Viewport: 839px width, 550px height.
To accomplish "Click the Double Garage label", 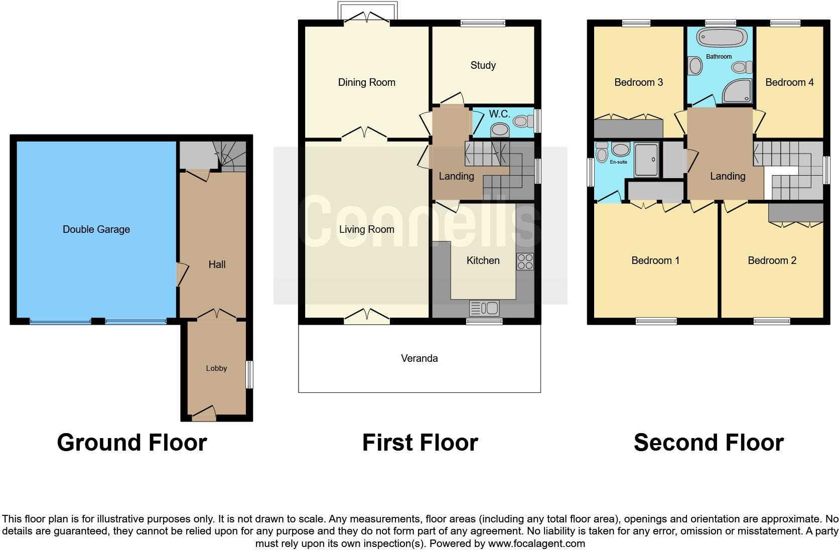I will coord(96,229).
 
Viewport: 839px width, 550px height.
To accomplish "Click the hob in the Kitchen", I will coord(525,261).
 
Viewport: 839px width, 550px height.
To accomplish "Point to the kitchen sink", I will coord(484,308).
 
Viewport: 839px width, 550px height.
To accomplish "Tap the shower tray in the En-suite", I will coord(647,160).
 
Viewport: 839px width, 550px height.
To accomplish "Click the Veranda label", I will coord(419,358).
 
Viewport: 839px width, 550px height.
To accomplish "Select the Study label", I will coord(483,65).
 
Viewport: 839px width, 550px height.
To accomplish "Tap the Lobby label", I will coord(216,368).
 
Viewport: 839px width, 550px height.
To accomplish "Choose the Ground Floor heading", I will coord(132,443).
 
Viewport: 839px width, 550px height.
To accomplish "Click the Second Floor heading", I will coord(709,443).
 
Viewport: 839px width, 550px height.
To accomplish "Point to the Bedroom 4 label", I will coord(789,82).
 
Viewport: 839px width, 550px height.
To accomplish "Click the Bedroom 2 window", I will coord(772,321).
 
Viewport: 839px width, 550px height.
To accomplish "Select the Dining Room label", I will coord(366,82).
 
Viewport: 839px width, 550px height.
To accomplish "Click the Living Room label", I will coord(366,229).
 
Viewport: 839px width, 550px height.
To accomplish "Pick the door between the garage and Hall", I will coord(182,274).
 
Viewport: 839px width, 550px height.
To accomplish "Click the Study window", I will coord(483,23).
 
